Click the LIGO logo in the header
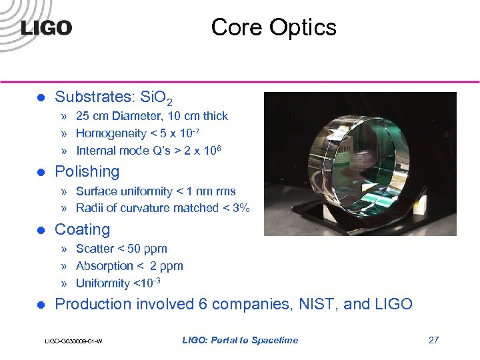tap(46, 28)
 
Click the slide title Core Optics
tap(273, 27)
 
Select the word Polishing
tap(87, 171)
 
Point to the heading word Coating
tap(82, 229)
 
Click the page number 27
tap(433, 340)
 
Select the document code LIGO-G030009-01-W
tap(73, 341)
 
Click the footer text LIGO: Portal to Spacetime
tap(240, 340)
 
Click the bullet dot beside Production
tap(39, 305)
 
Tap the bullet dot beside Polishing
tap(39, 172)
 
